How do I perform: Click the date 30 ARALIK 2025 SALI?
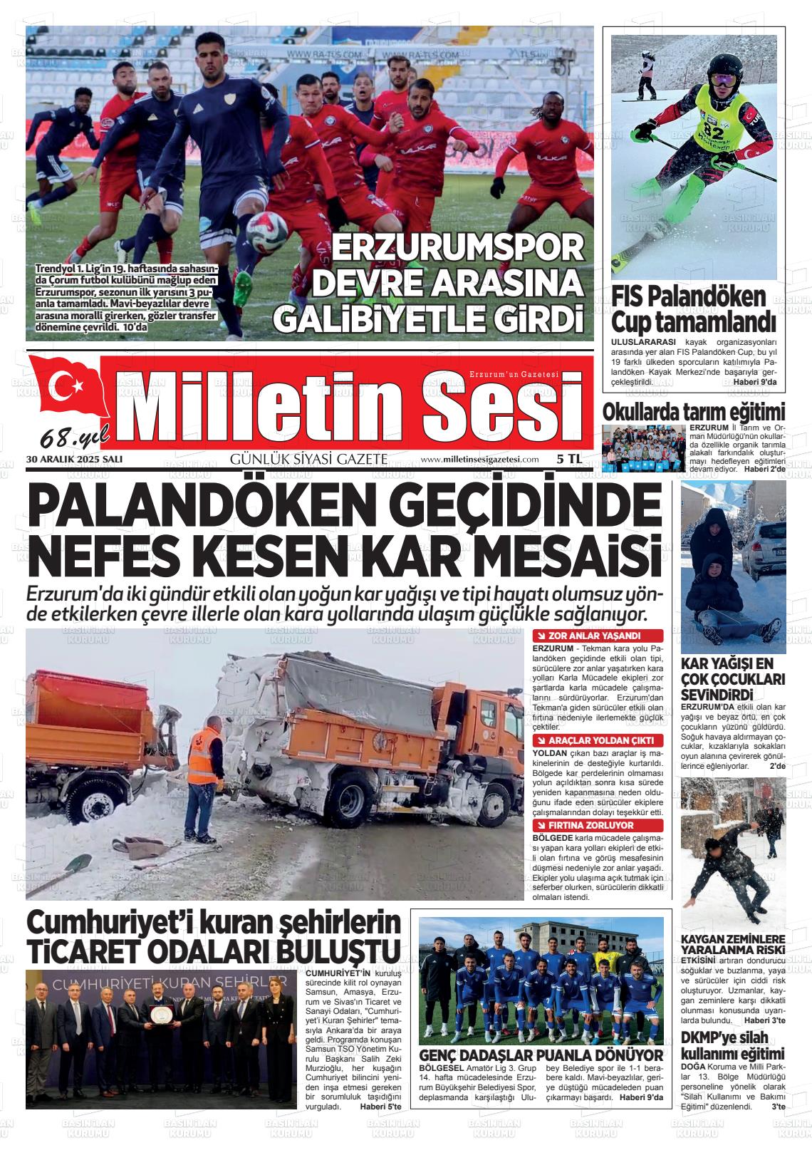[74, 460]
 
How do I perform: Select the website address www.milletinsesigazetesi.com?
[479, 460]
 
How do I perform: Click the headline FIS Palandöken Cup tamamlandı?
[688, 309]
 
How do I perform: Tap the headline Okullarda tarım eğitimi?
[694, 413]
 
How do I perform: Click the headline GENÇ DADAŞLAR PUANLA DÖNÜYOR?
[541, 1055]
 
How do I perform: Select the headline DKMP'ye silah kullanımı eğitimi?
[733, 1045]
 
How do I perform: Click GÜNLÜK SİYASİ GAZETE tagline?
[308, 460]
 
